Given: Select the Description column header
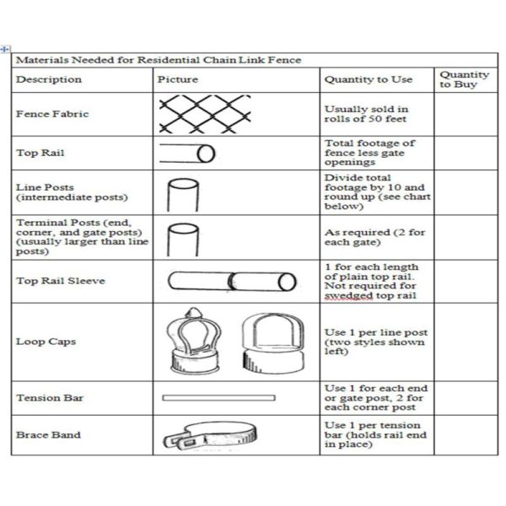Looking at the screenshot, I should tap(49, 79).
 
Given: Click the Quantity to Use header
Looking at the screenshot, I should tap(368, 79).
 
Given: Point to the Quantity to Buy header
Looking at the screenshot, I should tap(464, 79).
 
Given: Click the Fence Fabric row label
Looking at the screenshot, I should tap(52, 114).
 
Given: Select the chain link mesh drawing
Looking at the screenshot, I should tap(207, 113).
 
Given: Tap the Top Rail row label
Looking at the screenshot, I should tap(40, 153).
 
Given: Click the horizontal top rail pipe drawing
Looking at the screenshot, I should tap(188, 153).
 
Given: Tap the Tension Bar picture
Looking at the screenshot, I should tap(218, 397).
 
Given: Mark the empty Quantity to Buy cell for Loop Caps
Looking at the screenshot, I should tap(466, 342).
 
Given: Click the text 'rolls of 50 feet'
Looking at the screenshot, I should tap(366, 120).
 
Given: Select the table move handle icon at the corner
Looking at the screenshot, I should tap(6, 48).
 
